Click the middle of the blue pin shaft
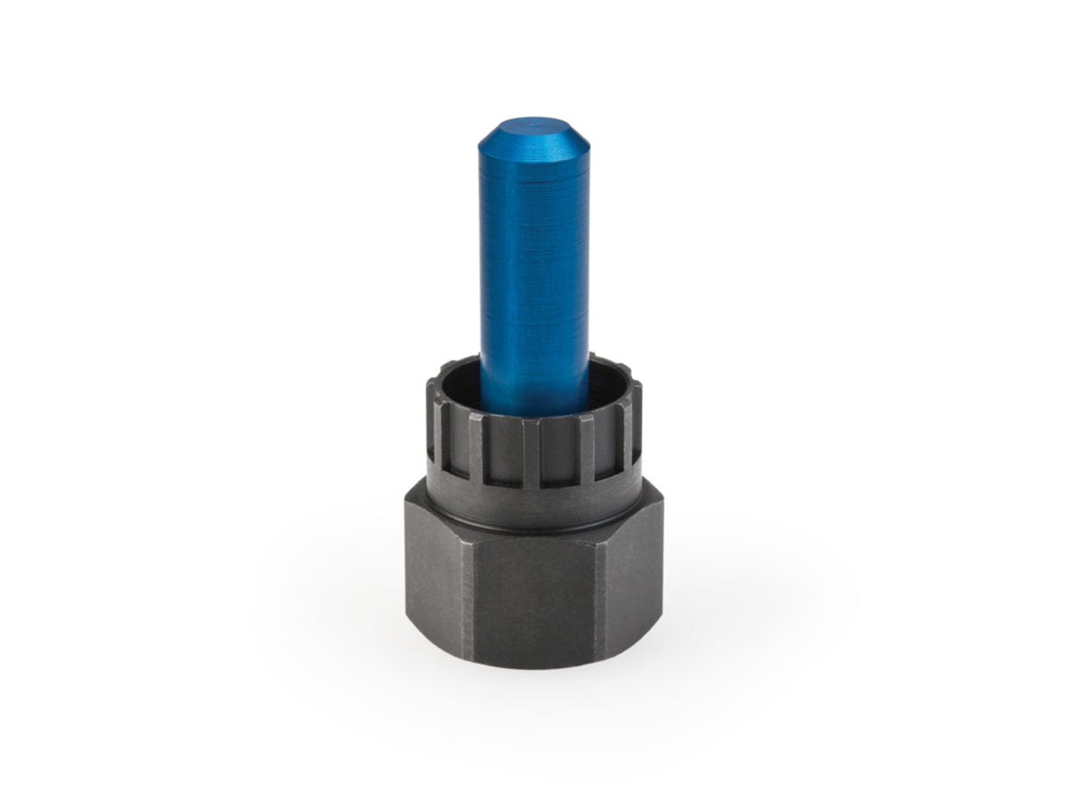click(533, 267)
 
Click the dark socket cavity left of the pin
click(461, 382)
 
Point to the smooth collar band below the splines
click(533, 507)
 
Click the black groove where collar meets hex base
click(533, 531)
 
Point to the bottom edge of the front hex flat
click(533, 663)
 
